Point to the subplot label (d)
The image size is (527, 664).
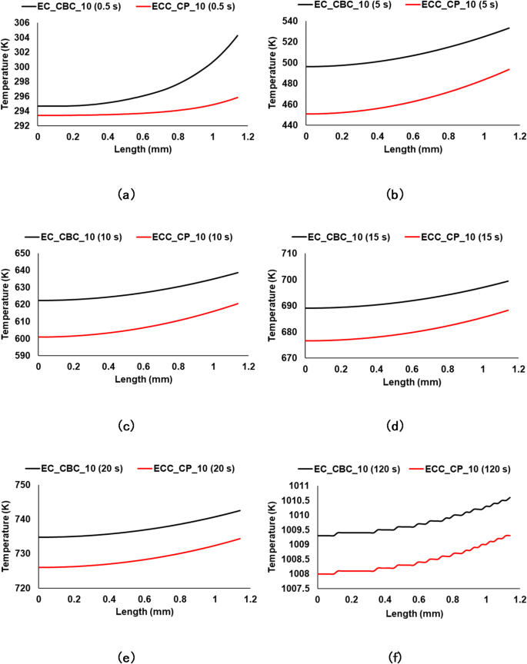click(x=395, y=426)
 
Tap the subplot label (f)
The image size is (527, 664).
click(x=395, y=657)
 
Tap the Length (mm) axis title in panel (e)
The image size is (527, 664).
click(x=138, y=612)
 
